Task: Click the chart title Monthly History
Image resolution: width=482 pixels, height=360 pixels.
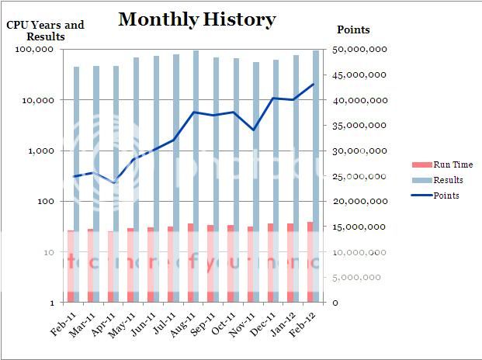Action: (x=196, y=19)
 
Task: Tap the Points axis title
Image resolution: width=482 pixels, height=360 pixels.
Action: (x=353, y=30)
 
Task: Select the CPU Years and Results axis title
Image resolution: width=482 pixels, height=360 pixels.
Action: (x=46, y=30)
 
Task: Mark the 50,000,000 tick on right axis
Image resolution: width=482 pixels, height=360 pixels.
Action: (x=359, y=50)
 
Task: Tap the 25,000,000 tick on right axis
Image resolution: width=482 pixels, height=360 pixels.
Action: (x=359, y=176)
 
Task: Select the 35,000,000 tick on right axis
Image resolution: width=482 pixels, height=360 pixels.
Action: (x=359, y=126)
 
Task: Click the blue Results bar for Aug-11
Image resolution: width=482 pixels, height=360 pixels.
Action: (x=196, y=140)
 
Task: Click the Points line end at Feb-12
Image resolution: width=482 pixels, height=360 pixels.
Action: (x=314, y=84)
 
